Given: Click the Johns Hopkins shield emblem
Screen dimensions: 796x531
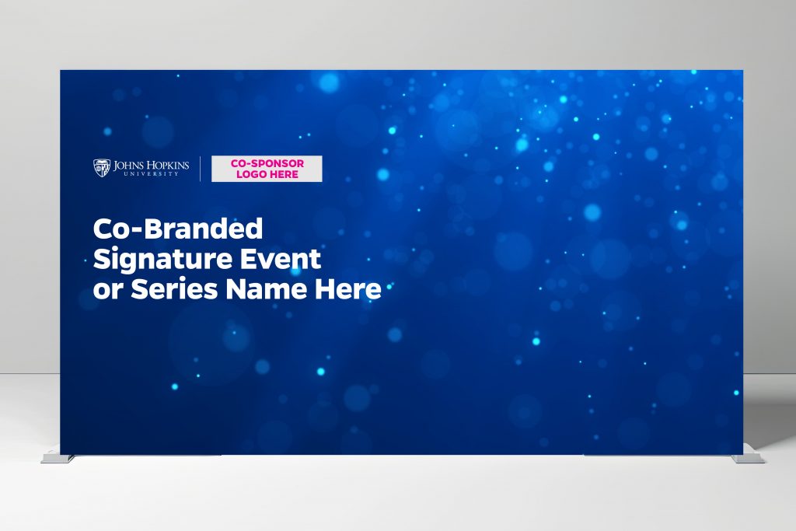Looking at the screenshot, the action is pyautogui.click(x=102, y=167).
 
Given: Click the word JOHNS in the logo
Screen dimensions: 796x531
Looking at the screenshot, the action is pyautogui.click(x=128, y=166).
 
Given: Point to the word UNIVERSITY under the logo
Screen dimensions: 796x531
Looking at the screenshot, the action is pyautogui.click(x=152, y=174).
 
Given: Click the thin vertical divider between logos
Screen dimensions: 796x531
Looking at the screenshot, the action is pyautogui.click(x=200, y=169).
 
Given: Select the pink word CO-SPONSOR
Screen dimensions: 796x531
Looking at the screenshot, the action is pyautogui.click(x=267, y=163).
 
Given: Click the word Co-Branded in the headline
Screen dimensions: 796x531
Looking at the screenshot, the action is pyautogui.click(x=178, y=229).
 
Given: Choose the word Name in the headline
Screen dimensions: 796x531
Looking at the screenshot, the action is pyautogui.click(x=267, y=289).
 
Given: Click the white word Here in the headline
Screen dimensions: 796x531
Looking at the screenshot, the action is pyautogui.click(x=347, y=289).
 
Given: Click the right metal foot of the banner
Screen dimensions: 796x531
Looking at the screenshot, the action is pyautogui.click(x=748, y=459).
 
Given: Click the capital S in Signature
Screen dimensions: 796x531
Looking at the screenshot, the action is pyautogui.click(x=102, y=259).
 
